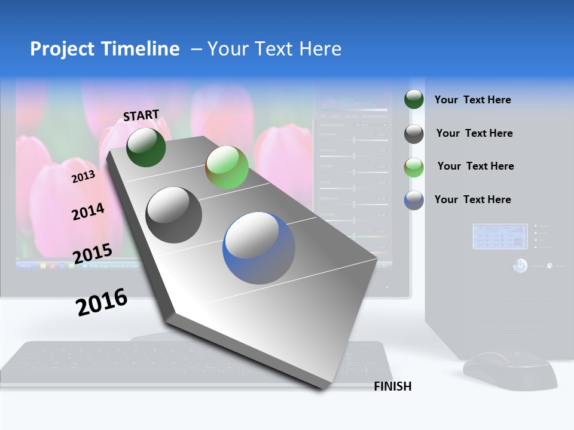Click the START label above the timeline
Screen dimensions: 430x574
click(x=141, y=115)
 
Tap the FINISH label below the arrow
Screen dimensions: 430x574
click(x=393, y=386)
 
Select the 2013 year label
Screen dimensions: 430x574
click(x=83, y=176)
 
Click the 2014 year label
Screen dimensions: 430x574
click(x=88, y=211)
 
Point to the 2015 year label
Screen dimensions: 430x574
click(x=92, y=254)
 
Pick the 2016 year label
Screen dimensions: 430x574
click(x=102, y=302)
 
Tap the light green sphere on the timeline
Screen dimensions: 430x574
click(x=227, y=168)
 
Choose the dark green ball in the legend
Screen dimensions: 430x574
click(x=414, y=100)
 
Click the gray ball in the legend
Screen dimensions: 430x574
click(x=414, y=134)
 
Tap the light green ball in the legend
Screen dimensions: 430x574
click(x=414, y=167)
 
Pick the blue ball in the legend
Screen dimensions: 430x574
click(x=414, y=200)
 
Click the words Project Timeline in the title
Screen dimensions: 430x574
click(x=105, y=49)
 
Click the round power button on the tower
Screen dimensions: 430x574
click(x=520, y=265)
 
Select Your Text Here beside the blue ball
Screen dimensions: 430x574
click(x=472, y=199)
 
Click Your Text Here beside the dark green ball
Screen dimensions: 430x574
click(x=472, y=100)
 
